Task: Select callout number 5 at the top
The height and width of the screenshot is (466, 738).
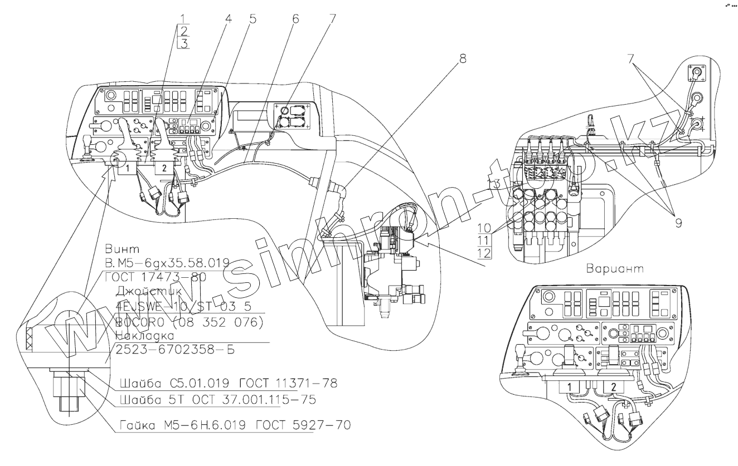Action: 253,19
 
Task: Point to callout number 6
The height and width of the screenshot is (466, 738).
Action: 295,19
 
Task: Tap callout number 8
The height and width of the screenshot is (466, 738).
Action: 462,57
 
